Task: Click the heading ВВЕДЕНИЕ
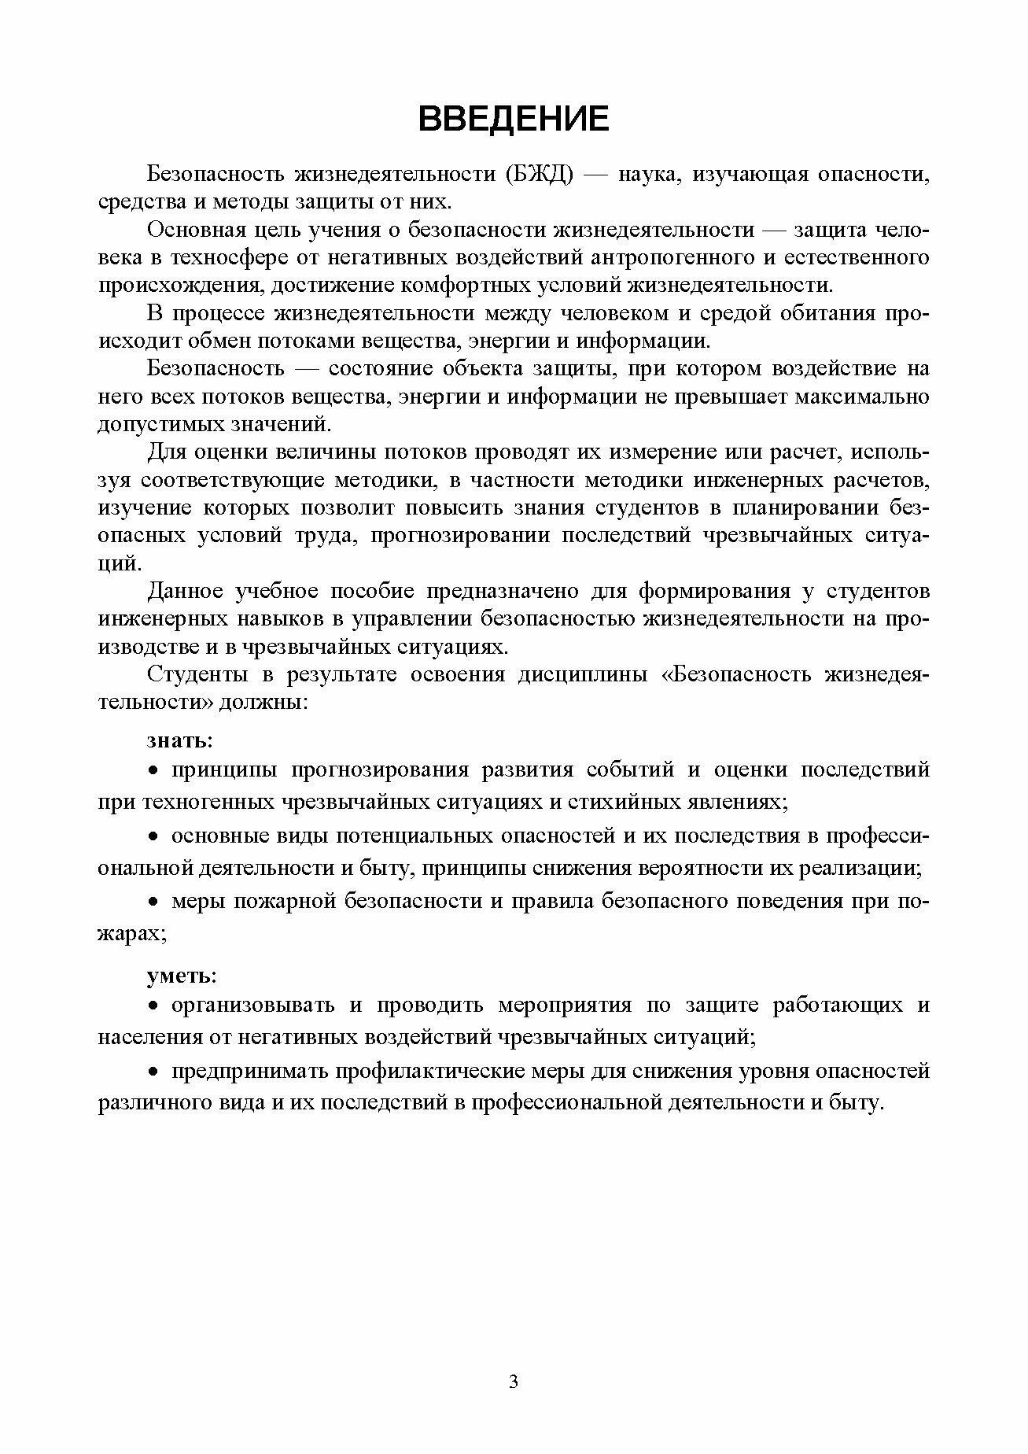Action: click(514, 119)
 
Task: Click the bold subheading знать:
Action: click(179, 740)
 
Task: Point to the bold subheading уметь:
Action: click(181, 976)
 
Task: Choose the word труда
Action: click(319, 536)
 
